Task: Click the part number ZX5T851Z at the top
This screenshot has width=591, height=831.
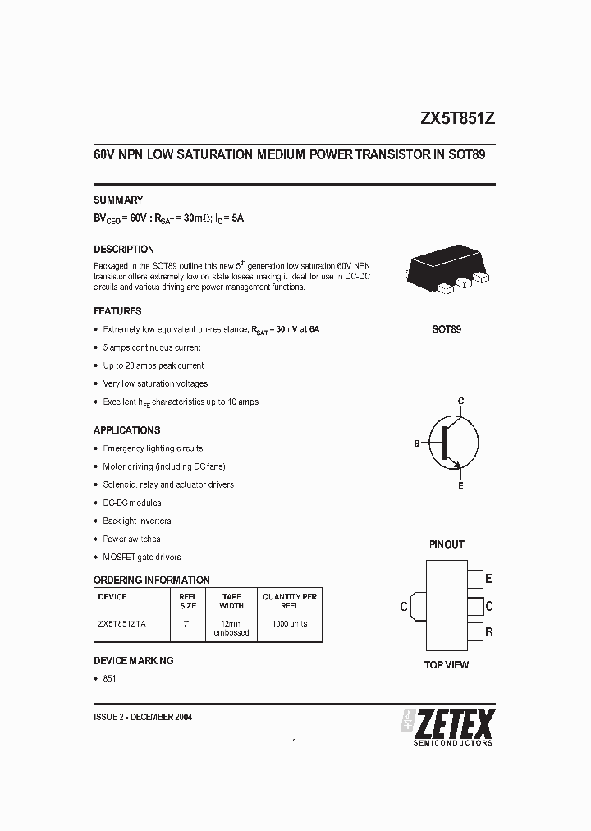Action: pyautogui.click(x=457, y=118)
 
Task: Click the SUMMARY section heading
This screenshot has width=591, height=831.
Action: pyautogui.click(x=118, y=200)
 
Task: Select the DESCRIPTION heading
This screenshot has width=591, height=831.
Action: pyautogui.click(x=124, y=249)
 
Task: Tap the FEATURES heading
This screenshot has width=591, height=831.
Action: pyautogui.click(x=117, y=311)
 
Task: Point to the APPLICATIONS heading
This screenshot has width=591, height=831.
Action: pyautogui.click(x=126, y=429)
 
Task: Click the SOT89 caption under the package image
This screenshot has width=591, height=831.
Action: pyautogui.click(x=447, y=329)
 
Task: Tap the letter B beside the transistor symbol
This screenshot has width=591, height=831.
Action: pyautogui.click(x=417, y=443)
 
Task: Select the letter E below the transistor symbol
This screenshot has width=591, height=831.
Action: pyautogui.click(x=460, y=486)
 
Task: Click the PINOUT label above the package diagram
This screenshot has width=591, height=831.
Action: pyautogui.click(x=447, y=544)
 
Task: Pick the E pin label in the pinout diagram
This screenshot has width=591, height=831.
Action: pyautogui.click(x=489, y=579)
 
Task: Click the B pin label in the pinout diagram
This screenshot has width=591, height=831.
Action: pyautogui.click(x=489, y=632)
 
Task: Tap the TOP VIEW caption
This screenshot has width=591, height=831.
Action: pyautogui.click(x=447, y=664)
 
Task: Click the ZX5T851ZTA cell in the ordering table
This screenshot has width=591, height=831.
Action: pyautogui.click(x=122, y=623)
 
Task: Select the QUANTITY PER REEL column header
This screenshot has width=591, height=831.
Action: pyautogui.click(x=290, y=601)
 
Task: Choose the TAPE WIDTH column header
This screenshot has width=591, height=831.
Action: pyautogui.click(x=231, y=601)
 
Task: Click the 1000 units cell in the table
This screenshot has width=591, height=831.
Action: pyautogui.click(x=290, y=623)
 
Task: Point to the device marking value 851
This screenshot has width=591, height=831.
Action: pyautogui.click(x=110, y=678)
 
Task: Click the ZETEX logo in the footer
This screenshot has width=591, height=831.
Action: pyautogui.click(x=448, y=726)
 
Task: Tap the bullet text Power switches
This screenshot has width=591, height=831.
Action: pyautogui.click(x=131, y=539)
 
